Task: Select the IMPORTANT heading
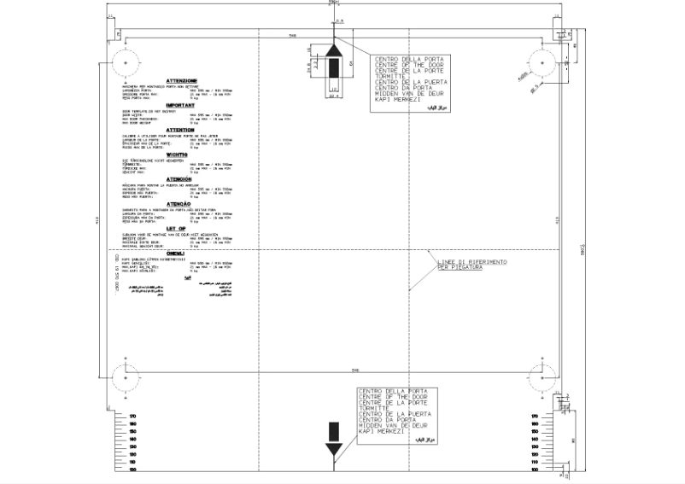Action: click(x=181, y=105)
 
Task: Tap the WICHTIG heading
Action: click(x=181, y=155)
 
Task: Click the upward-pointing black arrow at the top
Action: click(x=334, y=64)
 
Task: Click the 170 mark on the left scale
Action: click(x=132, y=417)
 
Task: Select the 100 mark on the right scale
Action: click(x=534, y=469)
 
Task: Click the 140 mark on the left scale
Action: click(x=132, y=440)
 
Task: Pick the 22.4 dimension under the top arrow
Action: click(x=334, y=96)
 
